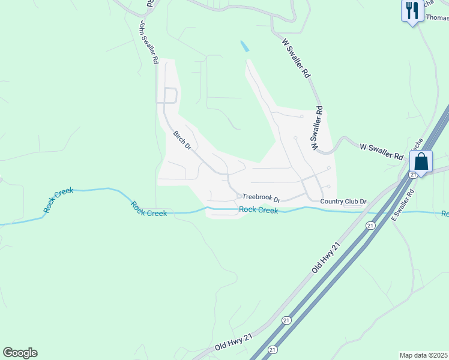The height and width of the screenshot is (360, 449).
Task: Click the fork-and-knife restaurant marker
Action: pyautogui.click(x=411, y=11)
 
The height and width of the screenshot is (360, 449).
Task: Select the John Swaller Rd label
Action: pyautogui.click(x=148, y=43)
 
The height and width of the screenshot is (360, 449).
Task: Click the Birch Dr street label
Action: pyautogui.click(x=182, y=141)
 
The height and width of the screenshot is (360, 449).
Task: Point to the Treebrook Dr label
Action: pyautogui.click(x=262, y=197)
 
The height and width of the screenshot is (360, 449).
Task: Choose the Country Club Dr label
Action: pyautogui.click(x=343, y=202)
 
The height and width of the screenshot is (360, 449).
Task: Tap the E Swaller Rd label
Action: pyautogui.click(x=402, y=205)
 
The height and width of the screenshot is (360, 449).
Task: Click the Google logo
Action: pyautogui.click(x=20, y=353)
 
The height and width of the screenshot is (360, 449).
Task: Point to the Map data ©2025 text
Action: pyautogui.click(x=423, y=355)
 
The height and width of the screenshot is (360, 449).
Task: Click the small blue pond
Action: pyautogui.click(x=244, y=46)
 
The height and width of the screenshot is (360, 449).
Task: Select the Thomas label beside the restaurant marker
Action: pyautogui.click(x=437, y=18)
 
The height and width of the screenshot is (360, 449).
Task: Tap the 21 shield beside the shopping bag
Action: pyautogui.click(x=413, y=174)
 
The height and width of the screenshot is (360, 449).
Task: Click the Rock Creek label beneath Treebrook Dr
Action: pyautogui.click(x=258, y=209)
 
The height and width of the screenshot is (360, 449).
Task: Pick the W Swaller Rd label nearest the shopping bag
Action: pyautogui.click(x=381, y=151)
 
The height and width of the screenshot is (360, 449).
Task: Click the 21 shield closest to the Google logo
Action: pyautogui.click(x=273, y=349)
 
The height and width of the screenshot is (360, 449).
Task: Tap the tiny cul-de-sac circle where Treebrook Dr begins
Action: pyautogui.click(x=238, y=196)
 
